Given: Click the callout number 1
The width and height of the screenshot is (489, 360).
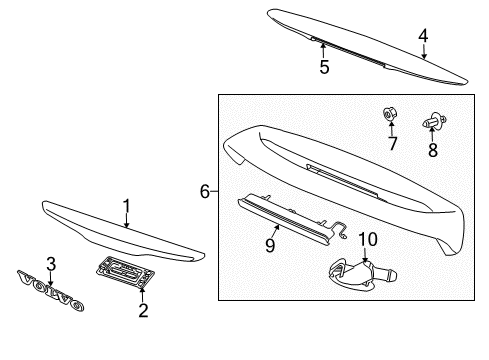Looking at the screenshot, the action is tap(126, 206).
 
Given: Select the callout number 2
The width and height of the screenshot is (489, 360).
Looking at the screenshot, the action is tap(143, 310).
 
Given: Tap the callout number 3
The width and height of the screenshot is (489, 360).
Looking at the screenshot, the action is tap(51, 264).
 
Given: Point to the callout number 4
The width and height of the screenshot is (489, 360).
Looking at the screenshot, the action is tap(423, 36).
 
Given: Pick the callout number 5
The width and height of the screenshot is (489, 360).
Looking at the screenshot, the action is tap(324, 67).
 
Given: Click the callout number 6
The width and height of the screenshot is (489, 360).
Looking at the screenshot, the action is tap(205, 191).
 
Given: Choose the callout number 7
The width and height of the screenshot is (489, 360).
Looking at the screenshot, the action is tap(393, 144).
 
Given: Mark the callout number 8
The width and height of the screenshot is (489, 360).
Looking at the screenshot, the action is tap(433, 150).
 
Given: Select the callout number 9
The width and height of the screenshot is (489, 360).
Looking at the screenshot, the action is tap(270, 245).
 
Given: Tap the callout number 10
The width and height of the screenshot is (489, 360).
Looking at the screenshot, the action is tap(368, 239).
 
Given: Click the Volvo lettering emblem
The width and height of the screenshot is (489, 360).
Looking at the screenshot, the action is tap(51, 290).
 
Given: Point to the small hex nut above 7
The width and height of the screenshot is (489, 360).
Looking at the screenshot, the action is tap(390, 114).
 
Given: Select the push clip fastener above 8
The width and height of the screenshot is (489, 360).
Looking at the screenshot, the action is tap(435, 121).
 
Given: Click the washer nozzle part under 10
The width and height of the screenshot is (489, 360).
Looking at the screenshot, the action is tap(362, 274).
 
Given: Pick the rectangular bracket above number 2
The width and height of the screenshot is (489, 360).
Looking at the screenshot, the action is tap(125, 271).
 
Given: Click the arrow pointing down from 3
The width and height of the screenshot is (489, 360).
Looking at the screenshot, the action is tap(51, 278).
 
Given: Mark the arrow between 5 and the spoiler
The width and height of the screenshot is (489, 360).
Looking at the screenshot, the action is tap(323, 50).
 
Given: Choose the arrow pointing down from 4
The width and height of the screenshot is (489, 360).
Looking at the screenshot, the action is tap(424, 51).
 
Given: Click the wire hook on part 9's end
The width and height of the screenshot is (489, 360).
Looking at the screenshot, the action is tap(340, 229).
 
